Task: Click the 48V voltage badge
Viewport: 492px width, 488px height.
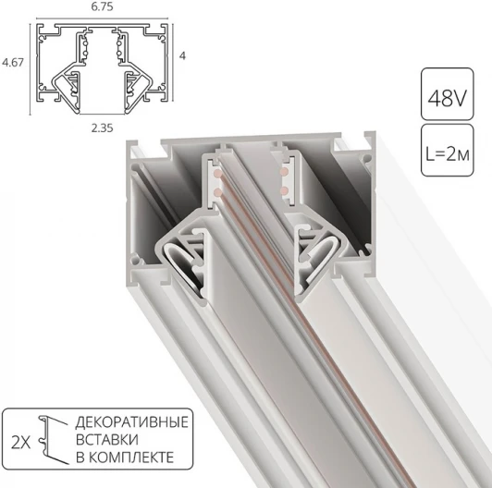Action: pyautogui.click(x=449, y=93)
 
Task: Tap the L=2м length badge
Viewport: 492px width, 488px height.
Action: pyautogui.click(x=449, y=148)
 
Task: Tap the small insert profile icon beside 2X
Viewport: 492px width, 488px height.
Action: pyautogui.click(x=56, y=440)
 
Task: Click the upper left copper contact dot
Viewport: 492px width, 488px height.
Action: pyautogui.click(x=215, y=174)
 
